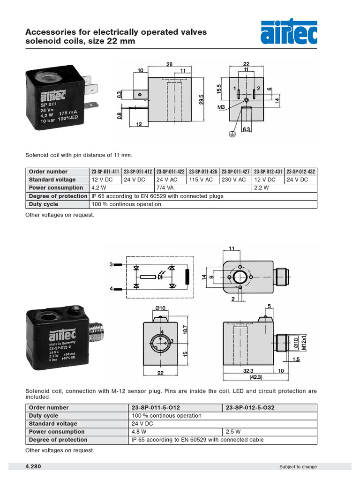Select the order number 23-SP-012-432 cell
[x=301, y=172]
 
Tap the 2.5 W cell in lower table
[x=269, y=432]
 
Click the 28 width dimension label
[x=169, y=64]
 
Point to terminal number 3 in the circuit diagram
[x=112, y=265]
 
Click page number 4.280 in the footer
[x=34, y=466]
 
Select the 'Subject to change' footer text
[x=298, y=467]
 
